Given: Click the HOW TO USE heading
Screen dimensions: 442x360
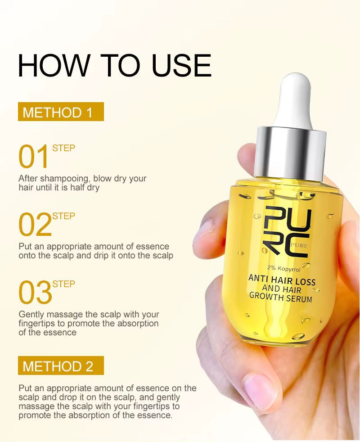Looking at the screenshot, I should click(x=114, y=66).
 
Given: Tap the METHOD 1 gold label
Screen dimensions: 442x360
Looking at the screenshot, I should click(x=61, y=112).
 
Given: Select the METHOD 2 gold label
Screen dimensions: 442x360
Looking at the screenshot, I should click(x=61, y=365).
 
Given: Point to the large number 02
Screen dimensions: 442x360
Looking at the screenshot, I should click(x=35, y=226).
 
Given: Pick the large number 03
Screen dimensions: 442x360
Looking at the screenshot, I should click(x=35, y=293).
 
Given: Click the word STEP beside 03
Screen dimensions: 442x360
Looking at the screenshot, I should click(x=63, y=284).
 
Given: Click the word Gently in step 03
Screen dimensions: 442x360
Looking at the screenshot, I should click(x=31, y=315).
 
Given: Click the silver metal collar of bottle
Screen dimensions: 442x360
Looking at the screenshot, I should click(x=290, y=153).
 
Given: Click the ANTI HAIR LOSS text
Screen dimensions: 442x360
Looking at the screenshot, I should click(x=282, y=280).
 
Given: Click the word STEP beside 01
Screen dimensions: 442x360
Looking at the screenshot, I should click(x=63, y=148).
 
